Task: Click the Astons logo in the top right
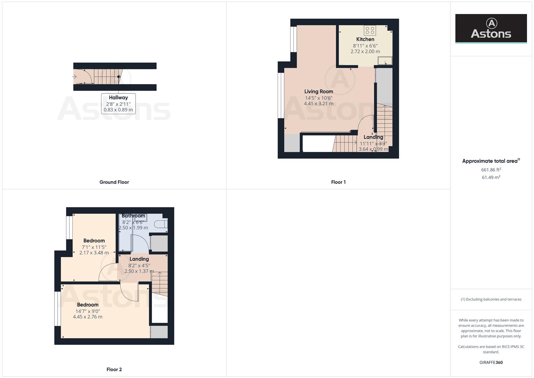pos(491,29)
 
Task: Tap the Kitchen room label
pos(365,39)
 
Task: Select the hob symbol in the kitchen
pos(370,30)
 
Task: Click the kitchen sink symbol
pos(385,61)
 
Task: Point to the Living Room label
pos(319,91)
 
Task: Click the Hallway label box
pos(118,103)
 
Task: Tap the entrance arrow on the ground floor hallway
pos(74,76)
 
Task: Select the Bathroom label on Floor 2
pos(133,216)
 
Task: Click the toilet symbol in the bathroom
pos(161,224)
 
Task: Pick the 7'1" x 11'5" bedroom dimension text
pos(94,247)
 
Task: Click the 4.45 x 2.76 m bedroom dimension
pos(87,317)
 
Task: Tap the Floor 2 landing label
pos(139,259)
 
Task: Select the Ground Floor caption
pos(114,182)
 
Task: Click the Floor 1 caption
pos(338,182)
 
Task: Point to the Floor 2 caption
pos(114,369)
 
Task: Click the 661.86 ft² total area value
pos(491,170)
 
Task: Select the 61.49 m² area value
pos(491,177)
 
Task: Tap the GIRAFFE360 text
pos(491,362)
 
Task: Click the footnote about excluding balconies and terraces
pos(491,299)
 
